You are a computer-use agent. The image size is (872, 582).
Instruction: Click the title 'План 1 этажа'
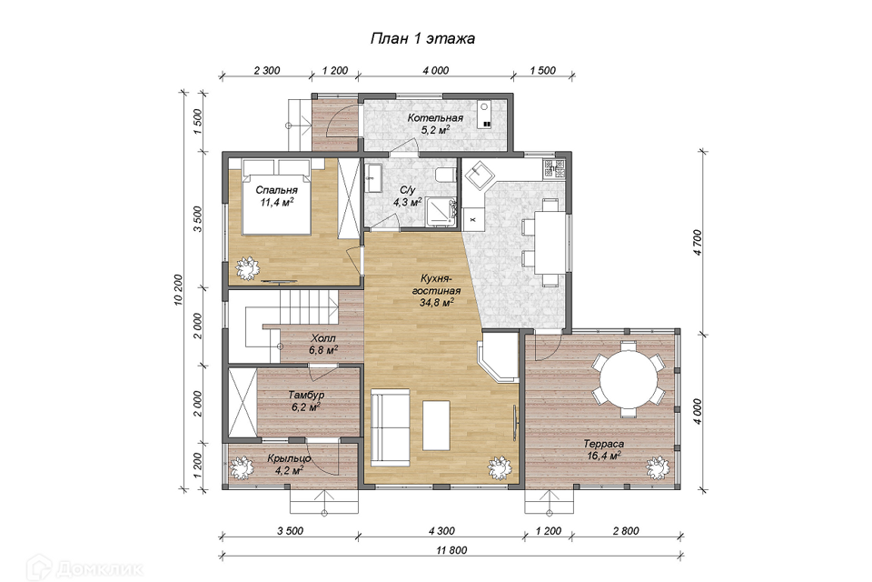[422, 38]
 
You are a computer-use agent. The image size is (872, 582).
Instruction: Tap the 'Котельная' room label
[435, 118]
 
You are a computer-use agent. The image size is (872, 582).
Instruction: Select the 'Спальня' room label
[276, 190]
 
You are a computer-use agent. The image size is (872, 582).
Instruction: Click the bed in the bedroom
[276, 196]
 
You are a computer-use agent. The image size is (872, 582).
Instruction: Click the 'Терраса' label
[603, 444]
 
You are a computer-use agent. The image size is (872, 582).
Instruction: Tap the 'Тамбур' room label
[306, 395]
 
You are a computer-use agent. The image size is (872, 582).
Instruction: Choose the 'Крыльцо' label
[289, 459]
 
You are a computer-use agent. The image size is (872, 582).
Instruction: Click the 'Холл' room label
[323, 338]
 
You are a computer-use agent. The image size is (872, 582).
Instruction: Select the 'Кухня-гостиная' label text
[436, 284]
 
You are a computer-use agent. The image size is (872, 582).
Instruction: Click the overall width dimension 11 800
[451, 550]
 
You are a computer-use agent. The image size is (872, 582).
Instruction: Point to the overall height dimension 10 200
[178, 289]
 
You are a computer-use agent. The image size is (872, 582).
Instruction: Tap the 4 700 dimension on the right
[699, 242]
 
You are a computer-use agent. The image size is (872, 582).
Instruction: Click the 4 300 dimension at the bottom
[441, 531]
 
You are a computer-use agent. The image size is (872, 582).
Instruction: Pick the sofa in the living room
[390, 426]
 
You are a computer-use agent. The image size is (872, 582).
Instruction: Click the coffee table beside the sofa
[436, 426]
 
